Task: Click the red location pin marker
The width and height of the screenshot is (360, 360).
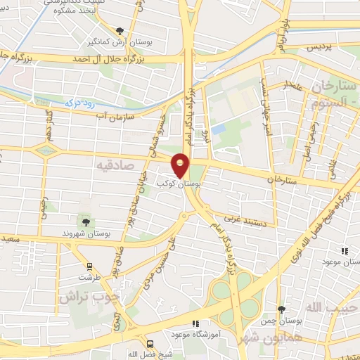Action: click(181, 165)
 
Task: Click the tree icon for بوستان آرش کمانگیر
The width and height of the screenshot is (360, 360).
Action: click(120, 31)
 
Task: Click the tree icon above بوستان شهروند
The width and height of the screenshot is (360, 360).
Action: click(84, 222)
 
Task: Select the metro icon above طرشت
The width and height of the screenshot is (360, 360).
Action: click(89, 266)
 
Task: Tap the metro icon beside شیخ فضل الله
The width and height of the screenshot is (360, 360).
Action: click(150, 344)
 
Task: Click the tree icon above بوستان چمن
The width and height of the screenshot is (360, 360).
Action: click(281, 309)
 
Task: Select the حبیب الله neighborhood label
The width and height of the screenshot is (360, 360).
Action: click(330, 308)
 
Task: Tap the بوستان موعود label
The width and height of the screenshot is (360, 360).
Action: click(342, 262)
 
